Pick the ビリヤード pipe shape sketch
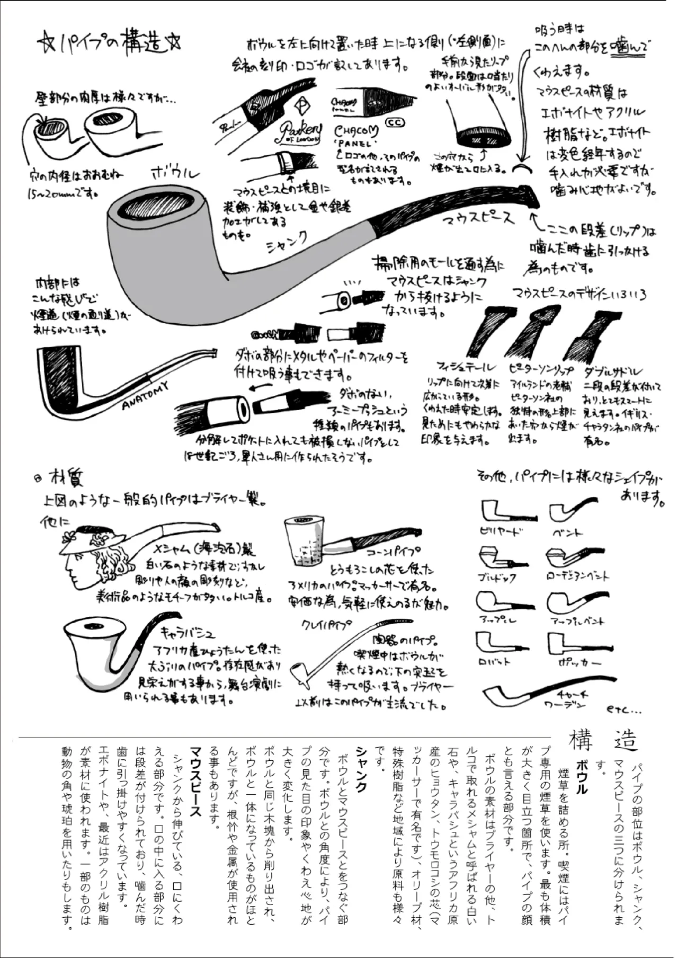coord(503,511)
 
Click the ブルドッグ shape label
coord(496,578)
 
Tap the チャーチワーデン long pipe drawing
coord(546,692)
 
